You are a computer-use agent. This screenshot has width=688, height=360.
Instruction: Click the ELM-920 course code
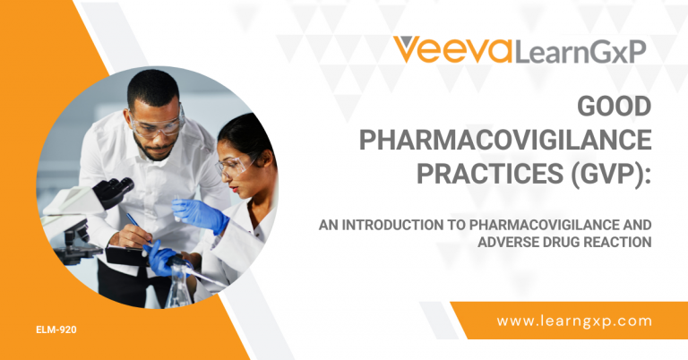tap(56, 330)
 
